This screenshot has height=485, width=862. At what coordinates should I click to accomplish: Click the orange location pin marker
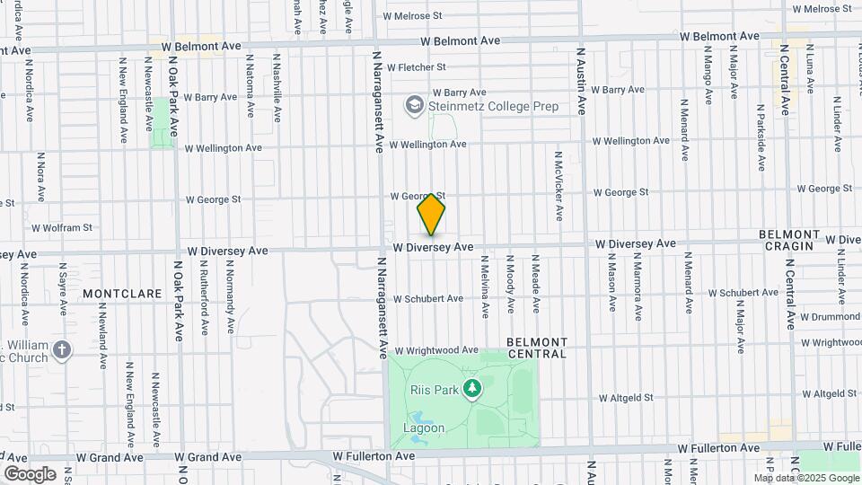(432, 215)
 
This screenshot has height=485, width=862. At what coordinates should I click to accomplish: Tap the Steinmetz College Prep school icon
(414, 106)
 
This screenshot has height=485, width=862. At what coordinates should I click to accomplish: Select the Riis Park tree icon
(473, 389)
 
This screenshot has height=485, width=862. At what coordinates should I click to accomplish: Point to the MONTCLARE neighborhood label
(121, 294)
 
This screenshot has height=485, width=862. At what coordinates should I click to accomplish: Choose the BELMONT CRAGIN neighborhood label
(798, 240)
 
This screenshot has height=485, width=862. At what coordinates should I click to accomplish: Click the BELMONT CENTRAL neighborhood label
(537, 348)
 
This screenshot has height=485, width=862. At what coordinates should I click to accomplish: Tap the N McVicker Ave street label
(558, 186)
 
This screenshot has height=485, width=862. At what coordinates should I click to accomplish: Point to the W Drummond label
(830, 317)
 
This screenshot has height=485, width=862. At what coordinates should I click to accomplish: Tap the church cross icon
(62, 350)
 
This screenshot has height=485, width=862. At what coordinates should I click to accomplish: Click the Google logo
(30, 473)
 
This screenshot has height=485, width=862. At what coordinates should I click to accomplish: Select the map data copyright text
(806, 478)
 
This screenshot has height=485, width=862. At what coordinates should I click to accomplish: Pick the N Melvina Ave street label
(485, 286)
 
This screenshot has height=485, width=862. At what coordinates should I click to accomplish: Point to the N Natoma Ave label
(245, 85)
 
